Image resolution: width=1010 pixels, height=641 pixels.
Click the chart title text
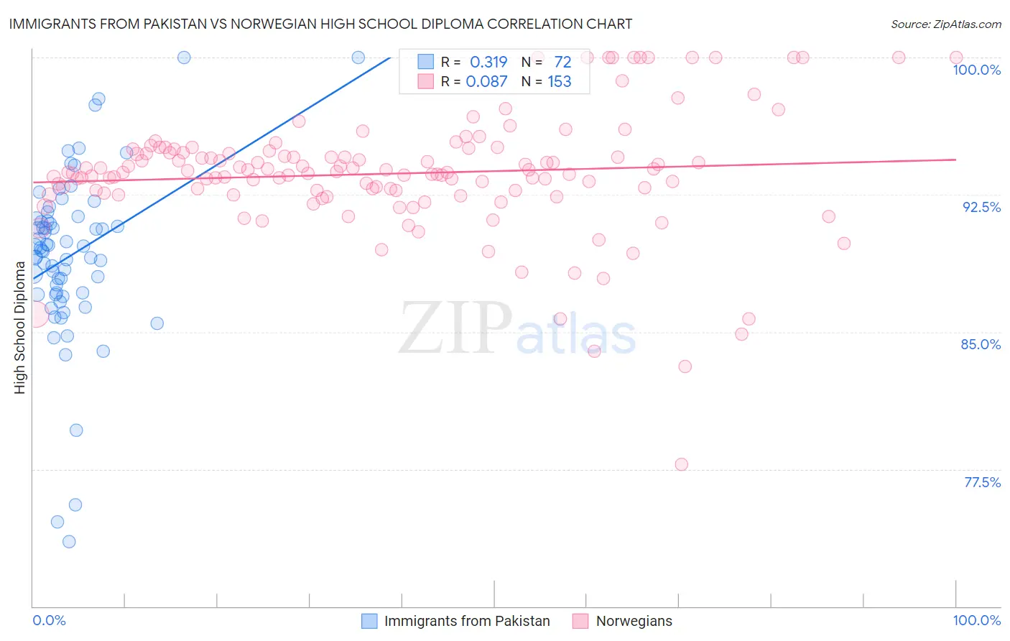320,24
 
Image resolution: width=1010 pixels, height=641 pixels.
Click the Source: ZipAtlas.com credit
945,24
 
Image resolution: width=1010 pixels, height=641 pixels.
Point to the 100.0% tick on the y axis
976,70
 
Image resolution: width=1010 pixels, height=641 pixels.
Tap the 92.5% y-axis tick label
981,207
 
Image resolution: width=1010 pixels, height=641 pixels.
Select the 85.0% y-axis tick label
981,344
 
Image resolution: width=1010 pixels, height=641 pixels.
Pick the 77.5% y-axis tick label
982,482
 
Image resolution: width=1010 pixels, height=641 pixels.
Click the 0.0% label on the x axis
49,620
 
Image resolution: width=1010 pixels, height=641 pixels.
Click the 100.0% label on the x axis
976,620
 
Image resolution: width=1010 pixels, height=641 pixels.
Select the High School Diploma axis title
20,327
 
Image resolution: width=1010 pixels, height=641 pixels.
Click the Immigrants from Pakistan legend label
467,621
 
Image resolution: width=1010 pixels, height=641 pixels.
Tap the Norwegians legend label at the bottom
634,621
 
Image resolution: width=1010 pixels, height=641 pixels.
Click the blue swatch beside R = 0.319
426,62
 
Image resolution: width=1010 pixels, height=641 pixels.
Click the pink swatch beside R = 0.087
426,81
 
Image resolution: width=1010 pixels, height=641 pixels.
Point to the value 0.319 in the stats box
488,62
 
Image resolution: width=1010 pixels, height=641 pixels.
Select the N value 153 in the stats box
560,81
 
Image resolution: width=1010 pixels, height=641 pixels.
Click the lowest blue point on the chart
69,541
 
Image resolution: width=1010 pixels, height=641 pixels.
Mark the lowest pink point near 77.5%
682,464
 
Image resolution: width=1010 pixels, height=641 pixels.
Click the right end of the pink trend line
955,160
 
